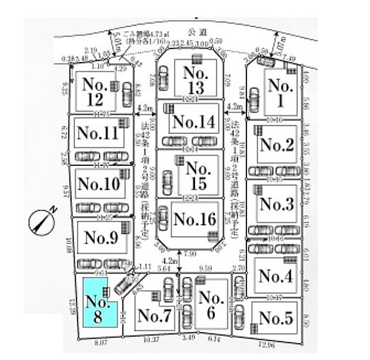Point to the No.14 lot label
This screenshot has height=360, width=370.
point(192,122)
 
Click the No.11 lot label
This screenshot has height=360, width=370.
point(97,133)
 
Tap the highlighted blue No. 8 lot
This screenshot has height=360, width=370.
point(94,309)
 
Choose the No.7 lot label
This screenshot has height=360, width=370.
point(154,317)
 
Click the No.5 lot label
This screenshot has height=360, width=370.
point(276,318)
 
